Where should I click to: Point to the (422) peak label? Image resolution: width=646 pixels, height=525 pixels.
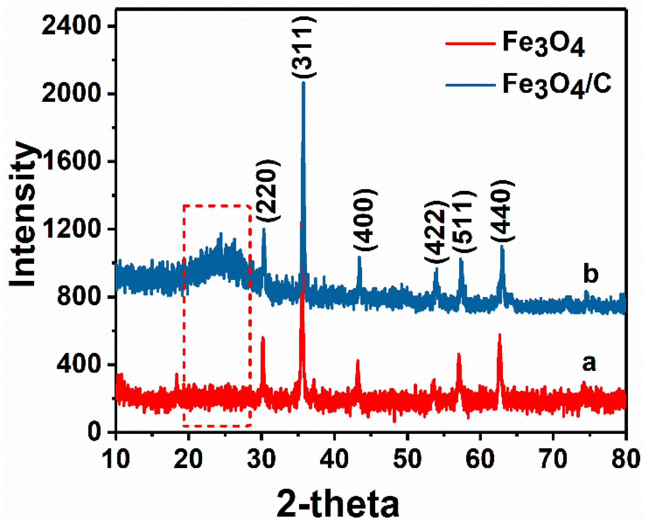coord(436,232)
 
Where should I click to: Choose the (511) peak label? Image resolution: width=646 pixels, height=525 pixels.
coord(464,222)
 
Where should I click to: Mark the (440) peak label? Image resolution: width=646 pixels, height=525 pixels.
coord(502,212)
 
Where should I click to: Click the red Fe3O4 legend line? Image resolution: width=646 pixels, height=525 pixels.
coord(470,44)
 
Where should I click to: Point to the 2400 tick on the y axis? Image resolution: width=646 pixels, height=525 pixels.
coord(71,26)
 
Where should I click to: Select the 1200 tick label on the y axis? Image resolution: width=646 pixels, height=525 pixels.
coord(71,229)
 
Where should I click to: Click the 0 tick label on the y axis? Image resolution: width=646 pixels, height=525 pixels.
coord(94,432)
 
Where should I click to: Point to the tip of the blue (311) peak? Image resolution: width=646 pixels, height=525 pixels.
coord(303,82)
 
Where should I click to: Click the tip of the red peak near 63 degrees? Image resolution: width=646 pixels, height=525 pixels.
coord(500,334)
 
